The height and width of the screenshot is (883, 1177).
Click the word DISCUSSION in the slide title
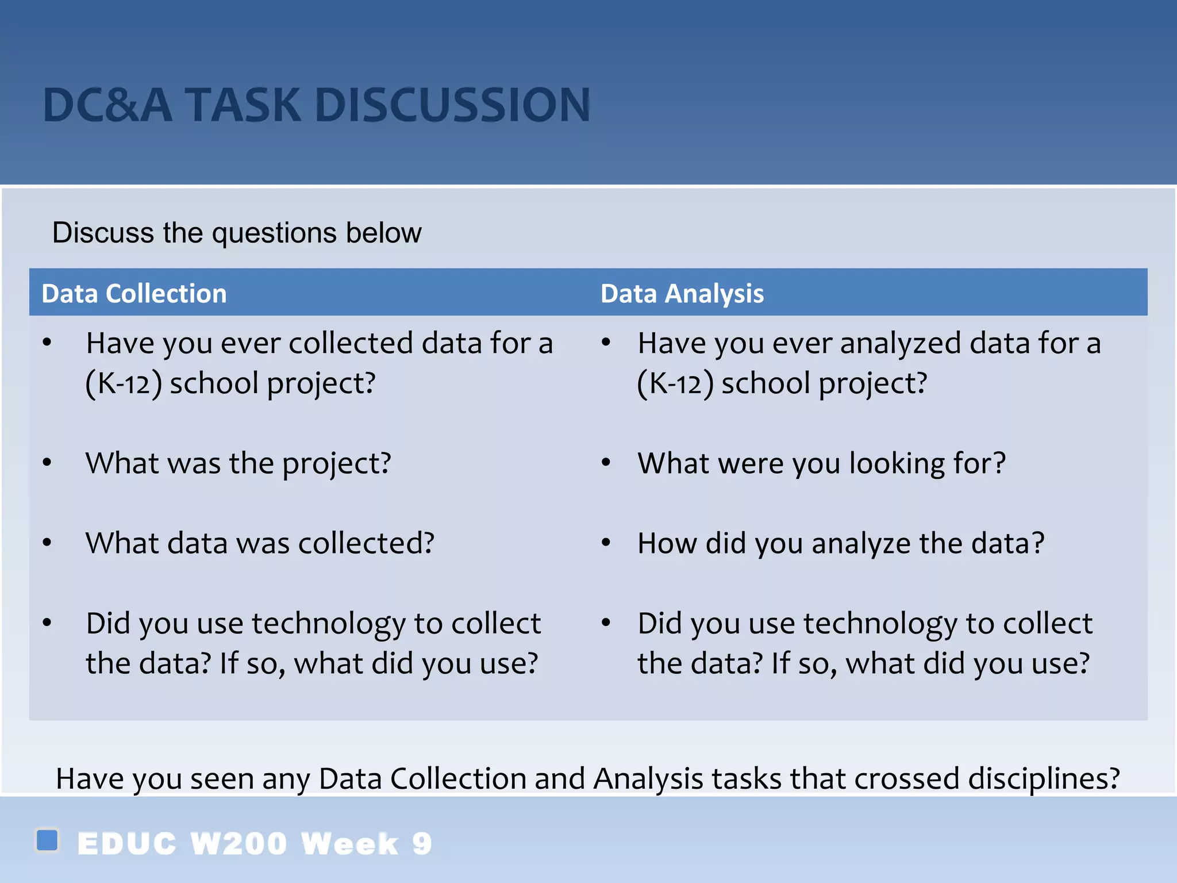tap(452, 105)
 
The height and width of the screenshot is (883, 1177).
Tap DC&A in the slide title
tap(107, 105)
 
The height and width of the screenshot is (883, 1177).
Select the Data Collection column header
tap(134, 294)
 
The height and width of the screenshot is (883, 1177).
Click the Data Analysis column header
tap(682, 294)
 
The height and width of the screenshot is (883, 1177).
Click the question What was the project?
tap(238, 463)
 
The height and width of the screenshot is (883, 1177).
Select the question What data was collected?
tap(260, 543)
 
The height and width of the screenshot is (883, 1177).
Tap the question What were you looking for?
tap(821, 463)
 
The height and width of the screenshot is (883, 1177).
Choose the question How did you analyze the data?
tap(840, 543)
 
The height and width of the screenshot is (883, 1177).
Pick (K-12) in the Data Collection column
tap(123, 383)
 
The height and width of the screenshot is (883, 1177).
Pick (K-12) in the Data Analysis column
tap(675, 383)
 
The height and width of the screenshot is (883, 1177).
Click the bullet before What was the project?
tap(47, 462)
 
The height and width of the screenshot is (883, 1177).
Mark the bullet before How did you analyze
tap(606, 542)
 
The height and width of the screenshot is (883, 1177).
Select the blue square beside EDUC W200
tap(47, 840)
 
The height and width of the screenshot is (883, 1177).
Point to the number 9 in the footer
tap(422, 844)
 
